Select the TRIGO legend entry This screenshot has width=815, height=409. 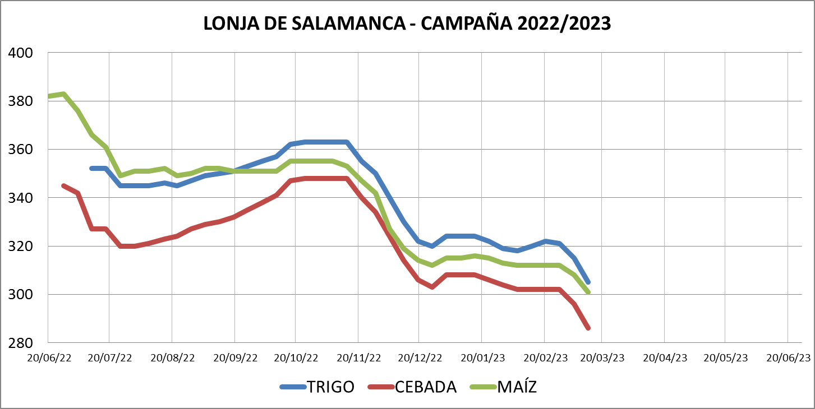pos(330,387)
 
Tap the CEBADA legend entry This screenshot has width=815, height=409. pos(425,387)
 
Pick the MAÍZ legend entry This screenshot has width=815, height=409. pos(517,387)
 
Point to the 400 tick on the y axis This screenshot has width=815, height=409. pos(22,53)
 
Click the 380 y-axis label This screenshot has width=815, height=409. pos(22,101)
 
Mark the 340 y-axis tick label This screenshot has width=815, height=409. pos(22,198)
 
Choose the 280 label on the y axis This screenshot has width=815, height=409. pos(22,342)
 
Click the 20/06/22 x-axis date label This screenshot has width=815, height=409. pos(51,357)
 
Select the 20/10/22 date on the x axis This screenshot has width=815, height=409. pos(297,357)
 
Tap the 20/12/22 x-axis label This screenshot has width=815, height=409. pos(420,357)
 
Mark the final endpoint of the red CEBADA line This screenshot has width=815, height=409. pos(588,328)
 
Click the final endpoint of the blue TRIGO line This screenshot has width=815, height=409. pos(588,282)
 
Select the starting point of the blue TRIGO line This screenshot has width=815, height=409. pos(91,168)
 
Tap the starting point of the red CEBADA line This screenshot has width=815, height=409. pos(63,185)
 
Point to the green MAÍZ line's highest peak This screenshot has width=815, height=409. pos(64,94)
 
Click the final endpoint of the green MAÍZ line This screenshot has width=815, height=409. pos(588,292)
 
